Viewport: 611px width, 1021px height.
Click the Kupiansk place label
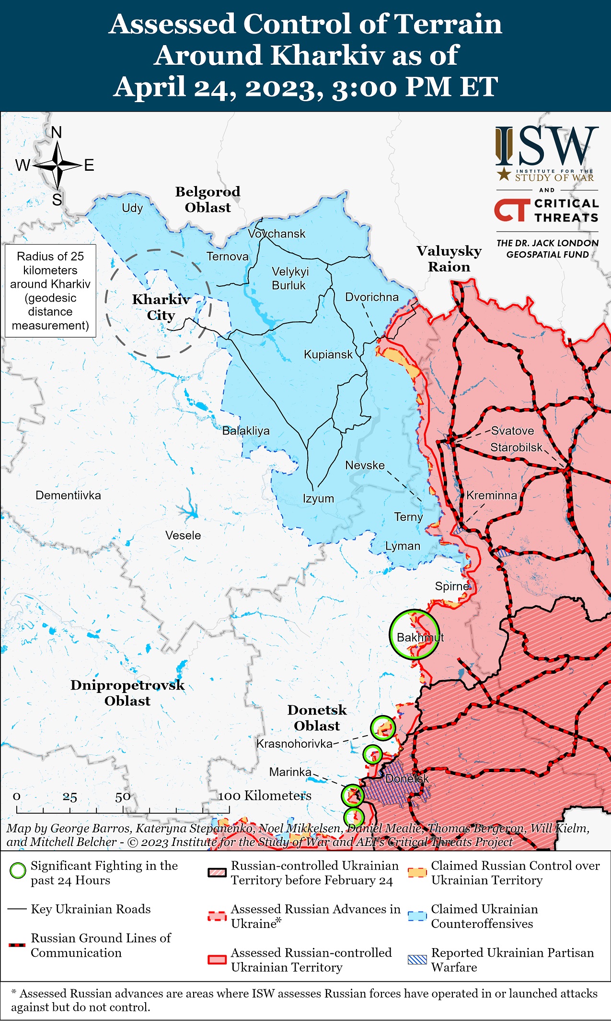328,355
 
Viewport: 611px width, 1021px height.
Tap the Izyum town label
318,498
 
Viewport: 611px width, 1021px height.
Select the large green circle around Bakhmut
414,634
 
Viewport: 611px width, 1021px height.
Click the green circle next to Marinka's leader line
353,795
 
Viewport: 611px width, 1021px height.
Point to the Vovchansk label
277,234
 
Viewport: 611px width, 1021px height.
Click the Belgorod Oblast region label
208,200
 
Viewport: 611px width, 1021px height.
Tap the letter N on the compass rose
57,132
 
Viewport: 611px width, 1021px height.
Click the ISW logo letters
547,146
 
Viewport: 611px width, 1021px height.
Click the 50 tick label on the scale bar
123,797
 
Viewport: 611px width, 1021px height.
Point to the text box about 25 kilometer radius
50,291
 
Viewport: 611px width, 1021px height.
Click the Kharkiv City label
161,307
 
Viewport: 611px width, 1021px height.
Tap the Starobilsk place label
516,447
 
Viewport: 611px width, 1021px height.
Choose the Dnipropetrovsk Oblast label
127,693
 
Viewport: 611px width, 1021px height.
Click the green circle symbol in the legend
18,870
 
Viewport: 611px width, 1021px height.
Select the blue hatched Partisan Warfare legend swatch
417,960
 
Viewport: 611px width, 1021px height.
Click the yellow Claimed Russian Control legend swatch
417,873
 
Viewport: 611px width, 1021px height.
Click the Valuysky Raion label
449,259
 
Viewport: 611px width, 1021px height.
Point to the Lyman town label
403,546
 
